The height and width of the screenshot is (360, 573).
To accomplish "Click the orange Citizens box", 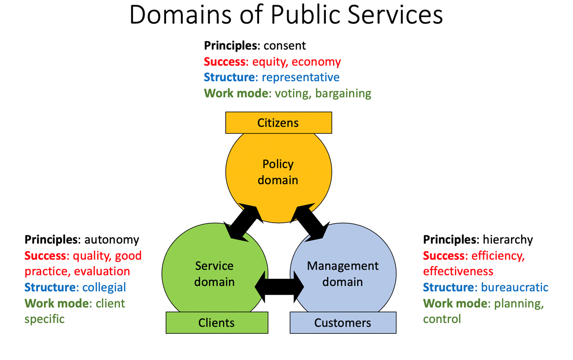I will [x=278, y=123].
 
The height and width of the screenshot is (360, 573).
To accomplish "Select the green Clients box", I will [x=216, y=323].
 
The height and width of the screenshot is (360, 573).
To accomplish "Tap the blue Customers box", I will [x=343, y=323].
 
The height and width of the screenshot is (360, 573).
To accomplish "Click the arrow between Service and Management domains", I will [x=280, y=286].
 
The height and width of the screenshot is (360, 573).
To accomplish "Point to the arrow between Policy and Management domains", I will [x=313, y=220].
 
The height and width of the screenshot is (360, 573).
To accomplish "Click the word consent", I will [x=284, y=46].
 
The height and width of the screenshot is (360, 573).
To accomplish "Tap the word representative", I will [x=301, y=77].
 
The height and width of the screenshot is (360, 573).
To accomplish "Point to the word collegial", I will [x=104, y=287].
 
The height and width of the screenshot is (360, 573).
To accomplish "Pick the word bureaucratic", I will [x=515, y=287].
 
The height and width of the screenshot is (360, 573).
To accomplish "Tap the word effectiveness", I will [x=458, y=271].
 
